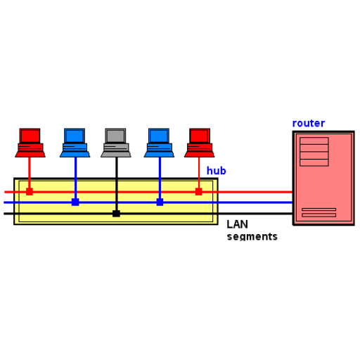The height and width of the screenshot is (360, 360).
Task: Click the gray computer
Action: (116, 143)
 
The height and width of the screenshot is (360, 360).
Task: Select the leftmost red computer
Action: (30, 143)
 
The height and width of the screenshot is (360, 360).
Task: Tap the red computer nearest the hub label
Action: (199, 143)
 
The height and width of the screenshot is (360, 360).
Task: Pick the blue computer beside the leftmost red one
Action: (75, 143)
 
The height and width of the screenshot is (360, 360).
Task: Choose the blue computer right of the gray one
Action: (159, 143)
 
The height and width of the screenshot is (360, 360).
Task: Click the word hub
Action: (216, 171)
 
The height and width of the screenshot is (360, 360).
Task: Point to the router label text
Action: (309, 123)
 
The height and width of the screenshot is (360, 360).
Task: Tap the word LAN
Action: (237, 224)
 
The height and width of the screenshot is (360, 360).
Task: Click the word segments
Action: (252, 236)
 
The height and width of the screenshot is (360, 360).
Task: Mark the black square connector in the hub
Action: (116, 214)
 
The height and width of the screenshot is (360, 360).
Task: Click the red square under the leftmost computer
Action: (30, 191)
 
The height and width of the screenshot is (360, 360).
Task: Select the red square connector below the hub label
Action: (198, 191)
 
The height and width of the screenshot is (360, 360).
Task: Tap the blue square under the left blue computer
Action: (75, 202)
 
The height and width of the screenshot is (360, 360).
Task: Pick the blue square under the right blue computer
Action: (160, 202)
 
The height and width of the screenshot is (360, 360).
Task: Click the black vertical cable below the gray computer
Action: (117, 184)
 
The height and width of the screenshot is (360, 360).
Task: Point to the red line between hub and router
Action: (255, 192)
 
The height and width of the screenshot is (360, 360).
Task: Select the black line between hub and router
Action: (255, 214)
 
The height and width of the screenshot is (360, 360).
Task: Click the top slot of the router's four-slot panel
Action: (314, 141)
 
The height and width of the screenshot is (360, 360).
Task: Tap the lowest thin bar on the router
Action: (319, 215)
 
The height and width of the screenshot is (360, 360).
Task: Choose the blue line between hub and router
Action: (255, 202)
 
